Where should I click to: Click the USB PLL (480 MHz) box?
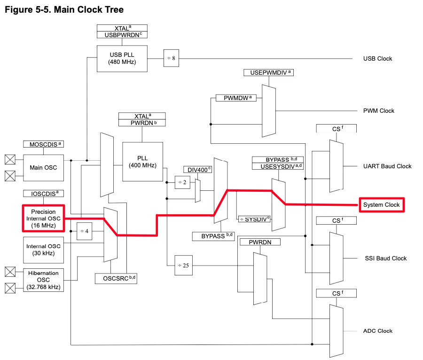pyautogui.click(x=122, y=58)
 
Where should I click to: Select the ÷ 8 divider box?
pyautogui.click(x=171, y=58)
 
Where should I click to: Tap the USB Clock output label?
pyautogui.click(x=377, y=59)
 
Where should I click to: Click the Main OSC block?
pyautogui.click(x=43, y=167)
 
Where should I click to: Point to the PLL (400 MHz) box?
pyautogui.click(x=142, y=162)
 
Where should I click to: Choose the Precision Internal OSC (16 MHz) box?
pyautogui.click(x=43, y=219)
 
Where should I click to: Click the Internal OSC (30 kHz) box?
pyautogui.click(x=43, y=250)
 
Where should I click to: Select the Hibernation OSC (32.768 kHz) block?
pyautogui.click(x=43, y=280)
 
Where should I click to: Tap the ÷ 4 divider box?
pyautogui.click(x=85, y=231)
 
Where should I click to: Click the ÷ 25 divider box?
pyautogui.click(x=183, y=266)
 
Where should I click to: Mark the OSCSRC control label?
pyautogui.click(x=116, y=278)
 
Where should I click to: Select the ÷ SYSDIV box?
pyautogui.click(x=255, y=219)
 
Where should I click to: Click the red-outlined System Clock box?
pyautogui.click(x=382, y=205)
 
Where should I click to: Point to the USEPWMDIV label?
pyautogui.click(x=268, y=73)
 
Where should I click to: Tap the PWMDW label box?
pyautogui.click(x=235, y=98)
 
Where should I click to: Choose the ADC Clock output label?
pyautogui.click(x=377, y=331)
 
